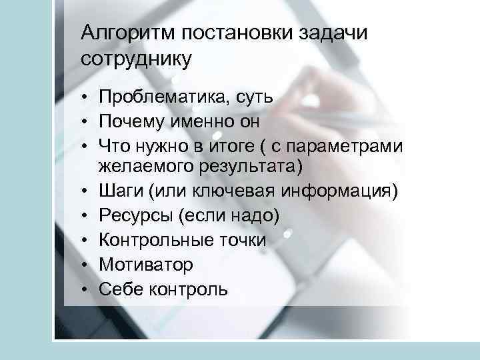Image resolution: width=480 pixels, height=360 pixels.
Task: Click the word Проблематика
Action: click(x=161, y=98)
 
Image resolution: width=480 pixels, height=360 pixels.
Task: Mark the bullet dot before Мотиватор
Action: click(x=87, y=265)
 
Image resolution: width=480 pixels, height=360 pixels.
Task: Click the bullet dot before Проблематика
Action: click(x=87, y=99)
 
